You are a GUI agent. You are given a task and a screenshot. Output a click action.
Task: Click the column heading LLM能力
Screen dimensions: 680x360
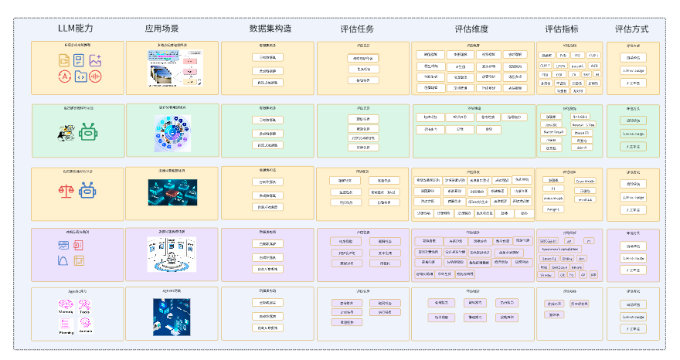(x=75, y=29)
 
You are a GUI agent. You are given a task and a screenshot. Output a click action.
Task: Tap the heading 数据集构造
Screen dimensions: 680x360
(x=270, y=29)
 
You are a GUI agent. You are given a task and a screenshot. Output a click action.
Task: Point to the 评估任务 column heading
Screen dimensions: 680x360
(x=357, y=29)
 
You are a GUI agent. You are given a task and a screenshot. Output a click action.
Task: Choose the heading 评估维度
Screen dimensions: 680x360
(x=471, y=29)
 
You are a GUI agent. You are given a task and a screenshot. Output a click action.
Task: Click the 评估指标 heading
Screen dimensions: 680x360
(x=562, y=29)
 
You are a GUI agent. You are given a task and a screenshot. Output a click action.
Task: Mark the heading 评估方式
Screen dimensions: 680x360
(x=631, y=29)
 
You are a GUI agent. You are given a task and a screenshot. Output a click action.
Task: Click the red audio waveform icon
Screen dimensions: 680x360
(x=96, y=76)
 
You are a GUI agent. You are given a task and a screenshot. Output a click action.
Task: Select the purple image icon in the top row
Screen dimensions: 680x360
(x=96, y=60)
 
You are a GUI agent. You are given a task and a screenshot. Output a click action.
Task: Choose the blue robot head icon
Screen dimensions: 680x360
(x=88, y=190)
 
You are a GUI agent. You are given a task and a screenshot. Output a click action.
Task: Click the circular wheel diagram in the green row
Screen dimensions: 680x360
(x=171, y=132)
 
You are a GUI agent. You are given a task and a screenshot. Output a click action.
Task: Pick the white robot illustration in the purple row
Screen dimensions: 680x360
(x=171, y=253)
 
